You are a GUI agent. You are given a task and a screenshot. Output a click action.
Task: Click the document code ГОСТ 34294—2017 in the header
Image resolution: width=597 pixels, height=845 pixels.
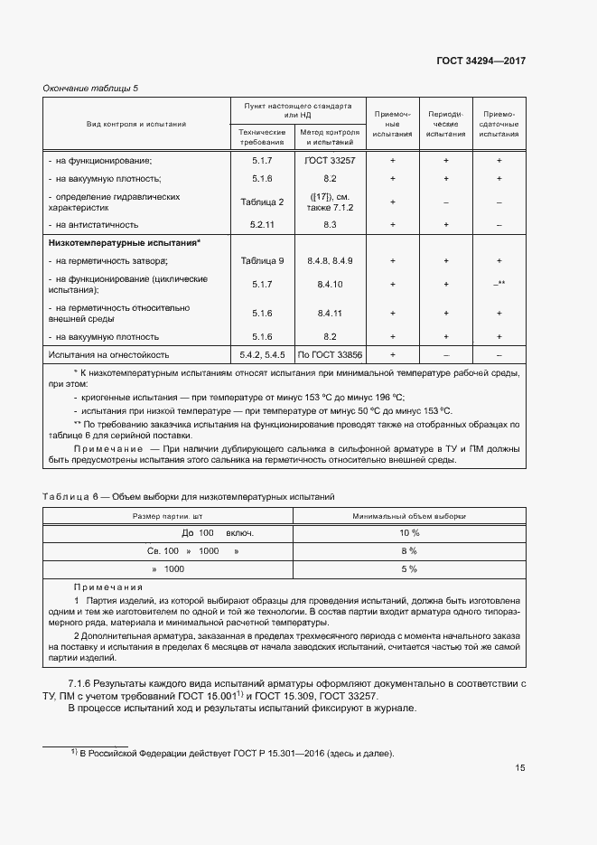480,61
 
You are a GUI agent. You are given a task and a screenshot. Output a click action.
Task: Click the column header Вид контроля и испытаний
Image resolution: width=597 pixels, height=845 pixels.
136,123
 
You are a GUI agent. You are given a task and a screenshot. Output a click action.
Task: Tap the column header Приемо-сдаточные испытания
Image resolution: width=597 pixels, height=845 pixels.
499,124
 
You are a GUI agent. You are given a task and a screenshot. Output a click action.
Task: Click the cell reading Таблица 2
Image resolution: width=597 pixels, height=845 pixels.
262,202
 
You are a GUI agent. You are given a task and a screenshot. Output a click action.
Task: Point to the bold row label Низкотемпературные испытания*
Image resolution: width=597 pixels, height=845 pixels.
124,243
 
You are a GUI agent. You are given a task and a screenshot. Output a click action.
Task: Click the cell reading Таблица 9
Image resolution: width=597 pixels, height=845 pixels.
262,261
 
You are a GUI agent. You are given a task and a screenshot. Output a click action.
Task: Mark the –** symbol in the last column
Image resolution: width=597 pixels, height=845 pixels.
499,285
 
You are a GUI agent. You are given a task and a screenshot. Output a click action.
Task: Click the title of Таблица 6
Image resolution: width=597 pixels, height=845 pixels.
190,496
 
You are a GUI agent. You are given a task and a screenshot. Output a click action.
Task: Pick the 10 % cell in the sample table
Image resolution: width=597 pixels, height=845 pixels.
409,533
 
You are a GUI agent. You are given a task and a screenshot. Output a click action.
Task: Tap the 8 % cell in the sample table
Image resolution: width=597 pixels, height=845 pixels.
409,550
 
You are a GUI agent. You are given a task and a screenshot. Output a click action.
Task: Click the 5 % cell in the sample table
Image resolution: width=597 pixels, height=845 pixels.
409,568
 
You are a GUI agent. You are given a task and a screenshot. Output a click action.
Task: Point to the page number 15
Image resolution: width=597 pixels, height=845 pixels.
520,768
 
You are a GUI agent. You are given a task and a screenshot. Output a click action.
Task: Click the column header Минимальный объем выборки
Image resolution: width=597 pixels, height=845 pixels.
409,515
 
